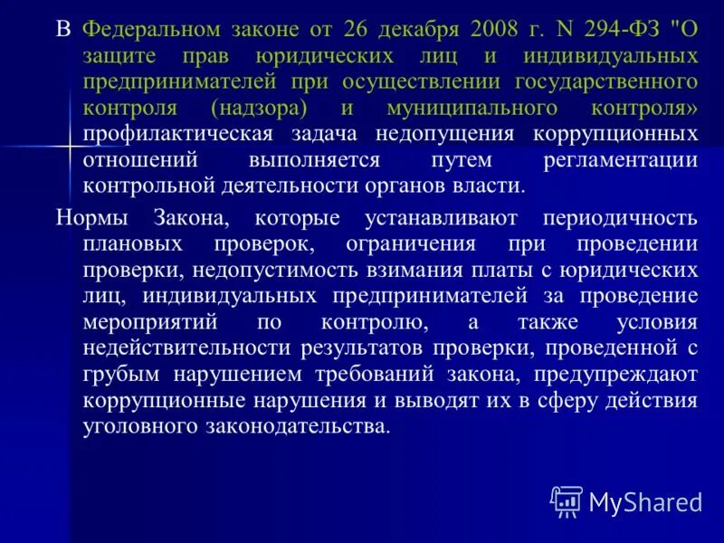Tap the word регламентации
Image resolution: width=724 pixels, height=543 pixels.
(x=621, y=160)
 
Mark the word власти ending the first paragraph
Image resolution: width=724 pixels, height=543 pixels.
(x=491, y=186)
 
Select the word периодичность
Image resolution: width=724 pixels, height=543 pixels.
(x=621, y=218)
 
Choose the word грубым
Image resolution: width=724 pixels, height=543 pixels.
(x=117, y=375)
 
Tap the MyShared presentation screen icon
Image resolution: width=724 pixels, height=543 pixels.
(x=567, y=500)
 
